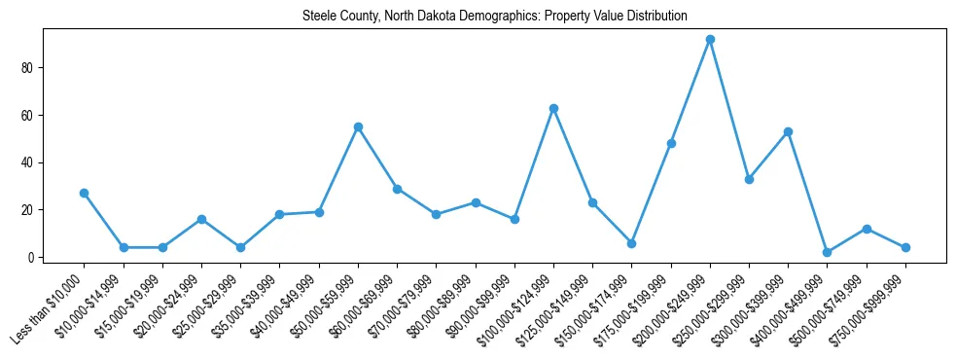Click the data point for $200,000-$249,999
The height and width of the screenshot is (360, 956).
(x=710, y=39)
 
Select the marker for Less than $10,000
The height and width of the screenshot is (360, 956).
(x=85, y=193)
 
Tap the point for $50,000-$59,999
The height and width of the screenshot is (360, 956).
(x=358, y=126)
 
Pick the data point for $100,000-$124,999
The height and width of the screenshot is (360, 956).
(x=553, y=108)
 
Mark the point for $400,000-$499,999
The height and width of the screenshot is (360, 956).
(x=827, y=252)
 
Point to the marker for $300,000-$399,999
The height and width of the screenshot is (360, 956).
(x=788, y=131)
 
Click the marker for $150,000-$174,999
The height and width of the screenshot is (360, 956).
(x=631, y=243)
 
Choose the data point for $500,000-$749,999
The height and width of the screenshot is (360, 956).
(x=867, y=229)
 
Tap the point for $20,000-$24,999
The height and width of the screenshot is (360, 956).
(x=201, y=219)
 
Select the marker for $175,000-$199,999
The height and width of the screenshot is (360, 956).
(x=671, y=143)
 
